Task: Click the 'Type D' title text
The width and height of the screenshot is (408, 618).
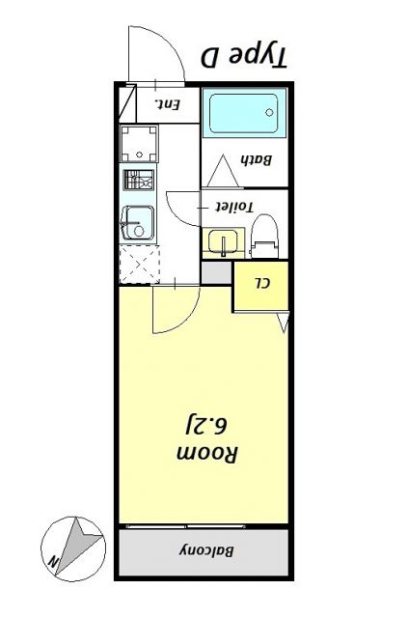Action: point(244,57)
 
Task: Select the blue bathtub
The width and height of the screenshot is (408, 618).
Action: point(245,114)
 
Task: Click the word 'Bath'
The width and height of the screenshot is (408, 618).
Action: point(253,160)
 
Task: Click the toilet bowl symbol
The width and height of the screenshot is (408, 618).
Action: point(264,237)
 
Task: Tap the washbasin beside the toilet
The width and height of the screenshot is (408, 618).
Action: point(224,242)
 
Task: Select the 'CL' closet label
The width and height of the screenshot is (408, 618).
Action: point(261,283)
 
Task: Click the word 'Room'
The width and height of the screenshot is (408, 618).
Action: point(206,452)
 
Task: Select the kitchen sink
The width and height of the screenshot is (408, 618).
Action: point(140,225)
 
